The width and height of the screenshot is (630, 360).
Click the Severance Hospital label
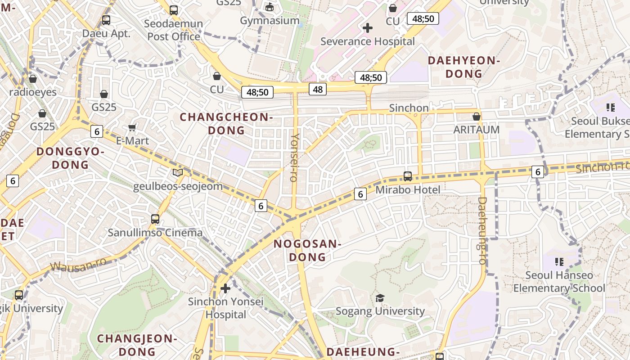tap(367, 41)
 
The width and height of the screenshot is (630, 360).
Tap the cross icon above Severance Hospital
tap(367, 28)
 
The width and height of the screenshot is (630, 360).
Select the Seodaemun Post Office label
tap(175, 30)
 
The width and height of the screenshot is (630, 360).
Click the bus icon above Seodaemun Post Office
tap(174, 10)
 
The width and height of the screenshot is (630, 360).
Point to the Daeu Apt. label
tap(106, 33)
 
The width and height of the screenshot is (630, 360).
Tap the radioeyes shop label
tap(33, 92)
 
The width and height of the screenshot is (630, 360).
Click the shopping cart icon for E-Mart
tap(132, 127)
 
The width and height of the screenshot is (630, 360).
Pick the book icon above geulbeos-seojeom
tap(178, 172)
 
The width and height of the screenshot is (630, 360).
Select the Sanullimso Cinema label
tap(155, 233)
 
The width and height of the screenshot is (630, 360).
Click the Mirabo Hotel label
tap(408, 190)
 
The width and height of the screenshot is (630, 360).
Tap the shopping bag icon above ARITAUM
tap(477, 117)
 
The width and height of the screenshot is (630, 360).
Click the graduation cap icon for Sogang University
tap(380, 298)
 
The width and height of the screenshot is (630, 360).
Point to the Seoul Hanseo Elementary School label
tap(559, 282)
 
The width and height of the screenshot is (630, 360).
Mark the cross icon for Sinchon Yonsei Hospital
tap(225, 288)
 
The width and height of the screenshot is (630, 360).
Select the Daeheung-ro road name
tap(482, 230)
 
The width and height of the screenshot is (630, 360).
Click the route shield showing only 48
tap(318, 89)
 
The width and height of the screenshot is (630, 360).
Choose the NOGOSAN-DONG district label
tap(307, 250)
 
